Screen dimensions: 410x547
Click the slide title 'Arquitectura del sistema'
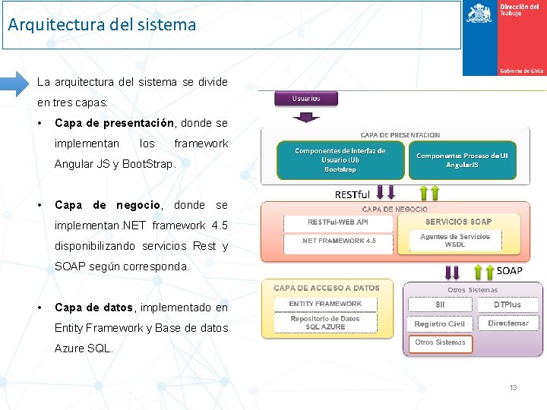[x=102, y=24]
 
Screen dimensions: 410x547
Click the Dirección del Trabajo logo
[x=504, y=38]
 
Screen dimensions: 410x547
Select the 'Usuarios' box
[x=305, y=98]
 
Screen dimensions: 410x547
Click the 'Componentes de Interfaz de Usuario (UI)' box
[x=340, y=160]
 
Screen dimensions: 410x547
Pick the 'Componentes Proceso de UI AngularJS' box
[x=461, y=160]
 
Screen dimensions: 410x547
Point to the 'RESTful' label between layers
[x=353, y=194]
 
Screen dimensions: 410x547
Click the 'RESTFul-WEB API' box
[x=338, y=222]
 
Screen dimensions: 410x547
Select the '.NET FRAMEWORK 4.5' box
[x=338, y=241]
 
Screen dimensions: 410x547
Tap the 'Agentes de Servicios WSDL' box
[x=455, y=241]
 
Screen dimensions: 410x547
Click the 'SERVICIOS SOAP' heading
[x=458, y=222]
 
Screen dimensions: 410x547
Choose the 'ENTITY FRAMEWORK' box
[x=325, y=304]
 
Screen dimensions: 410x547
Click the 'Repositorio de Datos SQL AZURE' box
[x=325, y=323]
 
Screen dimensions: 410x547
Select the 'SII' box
[x=440, y=304]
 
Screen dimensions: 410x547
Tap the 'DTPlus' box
[x=507, y=304]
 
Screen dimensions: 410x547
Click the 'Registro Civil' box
[x=440, y=323]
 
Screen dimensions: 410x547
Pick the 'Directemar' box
[x=507, y=323]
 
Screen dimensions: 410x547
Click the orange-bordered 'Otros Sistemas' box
[x=440, y=343]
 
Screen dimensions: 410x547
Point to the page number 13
[x=513, y=388]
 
